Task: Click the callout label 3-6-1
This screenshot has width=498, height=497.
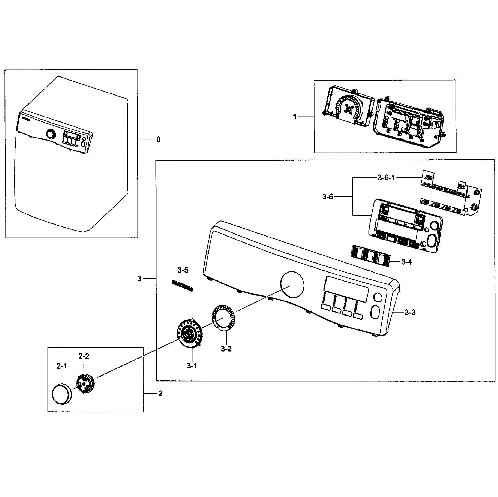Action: click(x=386, y=178)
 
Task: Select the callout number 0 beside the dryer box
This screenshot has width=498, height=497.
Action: click(x=158, y=139)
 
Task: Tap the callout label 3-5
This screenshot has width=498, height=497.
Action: click(x=183, y=270)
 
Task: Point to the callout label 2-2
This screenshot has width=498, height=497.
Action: click(x=84, y=356)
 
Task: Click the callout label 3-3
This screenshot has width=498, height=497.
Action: click(x=410, y=313)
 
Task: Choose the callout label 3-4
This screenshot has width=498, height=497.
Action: click(x=406, y=262)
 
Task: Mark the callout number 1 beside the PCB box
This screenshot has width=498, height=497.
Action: click(x=294, y=117)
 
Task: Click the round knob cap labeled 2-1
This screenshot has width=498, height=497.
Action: click(x=61, y=394)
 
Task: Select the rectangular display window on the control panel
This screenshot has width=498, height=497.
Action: click(x=346, y=289)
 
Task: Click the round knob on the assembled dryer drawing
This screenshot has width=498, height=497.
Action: click(x=51, y=135)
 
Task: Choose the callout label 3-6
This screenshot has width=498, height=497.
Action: click(x=327, y=197)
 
